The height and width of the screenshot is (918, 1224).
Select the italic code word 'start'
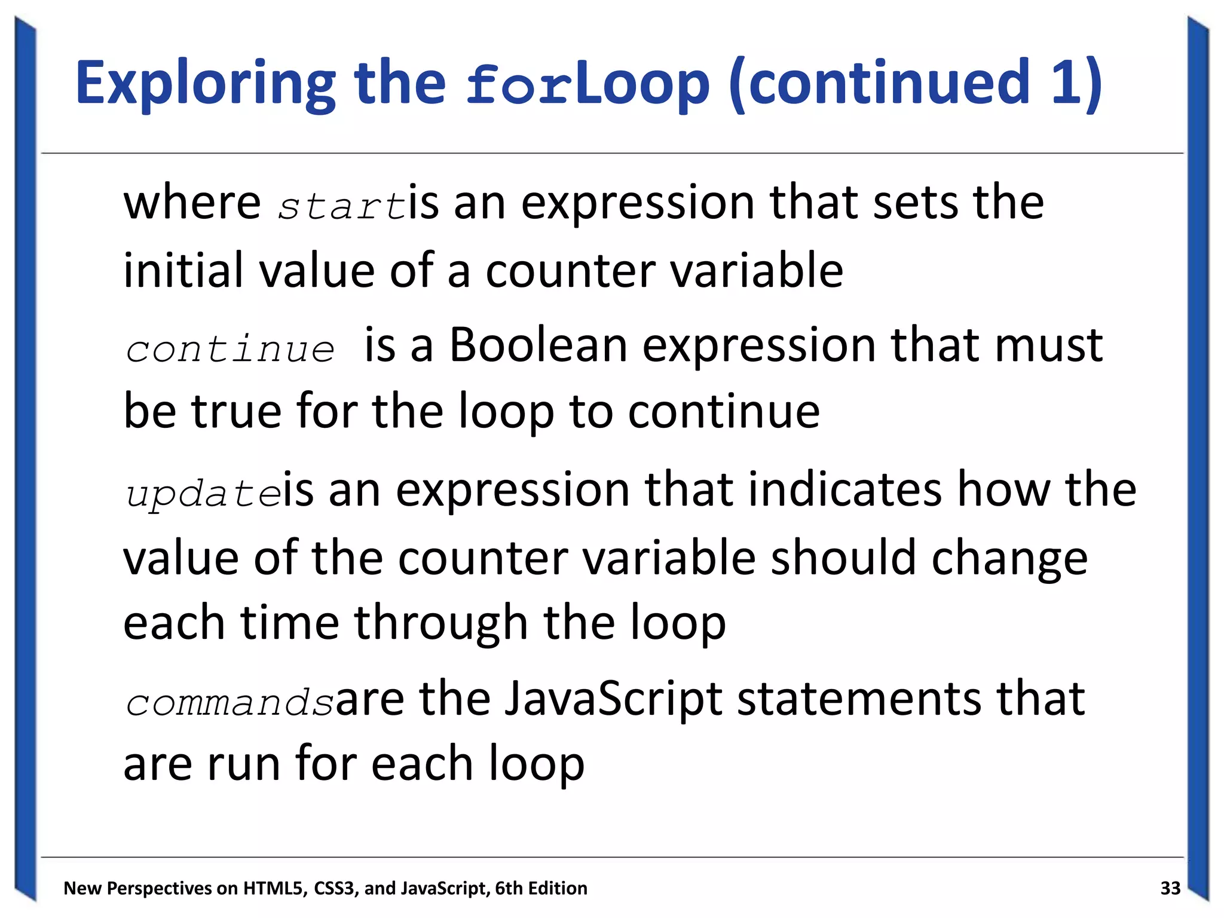342,206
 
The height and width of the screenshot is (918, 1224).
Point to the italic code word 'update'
203,494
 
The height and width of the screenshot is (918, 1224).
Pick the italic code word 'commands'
229,702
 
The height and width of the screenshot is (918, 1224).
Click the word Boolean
538,345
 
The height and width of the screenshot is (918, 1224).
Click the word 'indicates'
844,489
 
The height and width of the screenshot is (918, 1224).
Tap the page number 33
1170,888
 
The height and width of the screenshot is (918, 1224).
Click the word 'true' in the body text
236,412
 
